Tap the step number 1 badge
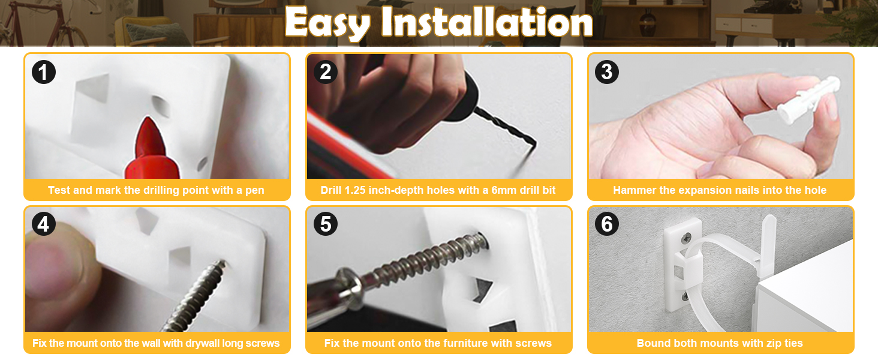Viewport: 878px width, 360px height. point(43,72)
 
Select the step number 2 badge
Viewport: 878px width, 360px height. point(326,72)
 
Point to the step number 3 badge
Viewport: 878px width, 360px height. point(607,72)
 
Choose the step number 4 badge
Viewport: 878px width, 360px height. point(43,224)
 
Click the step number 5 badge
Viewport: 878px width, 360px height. point(326,224)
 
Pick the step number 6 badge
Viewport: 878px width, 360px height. point(607,224)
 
